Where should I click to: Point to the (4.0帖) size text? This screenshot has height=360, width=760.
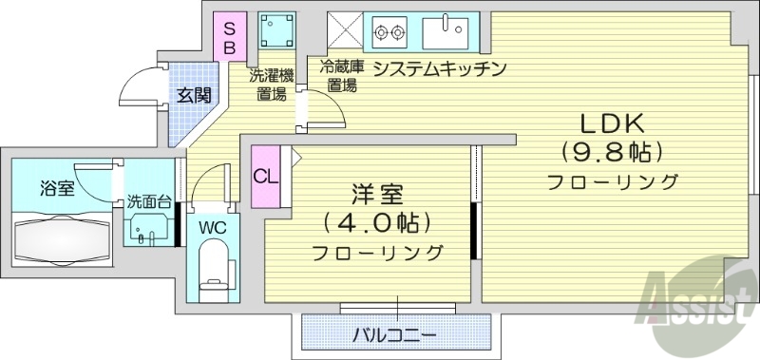pyautogui.click(x=376, y=224)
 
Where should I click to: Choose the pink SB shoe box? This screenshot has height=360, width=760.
pyautogui.click(x=229, y=36)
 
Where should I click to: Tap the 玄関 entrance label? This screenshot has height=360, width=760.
pyautogui.click(x=193, y=96)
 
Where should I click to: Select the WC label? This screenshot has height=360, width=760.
pyautogui.click(x=211, y=227)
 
